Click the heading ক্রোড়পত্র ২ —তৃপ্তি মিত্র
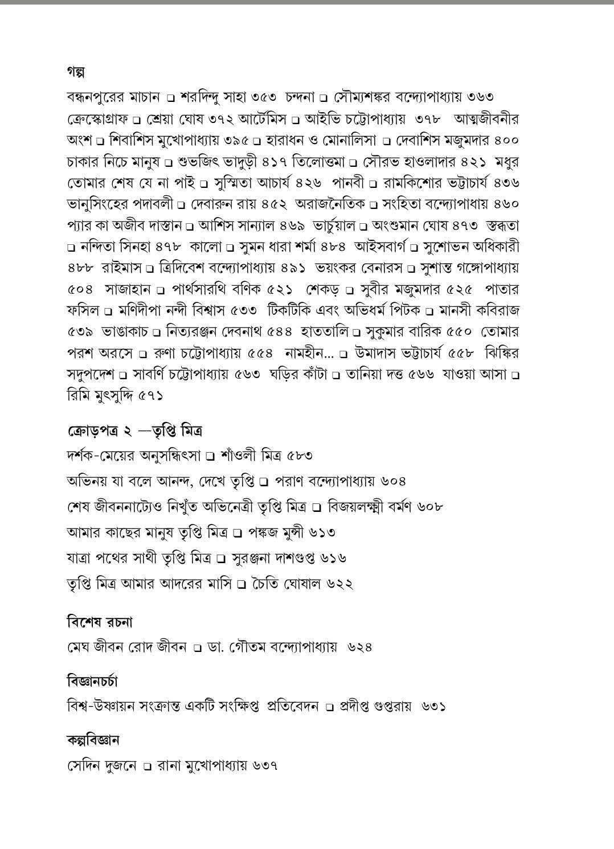tap(134, 430)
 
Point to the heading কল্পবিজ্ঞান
tap(93, 740)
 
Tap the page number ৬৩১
tap(433, 707)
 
